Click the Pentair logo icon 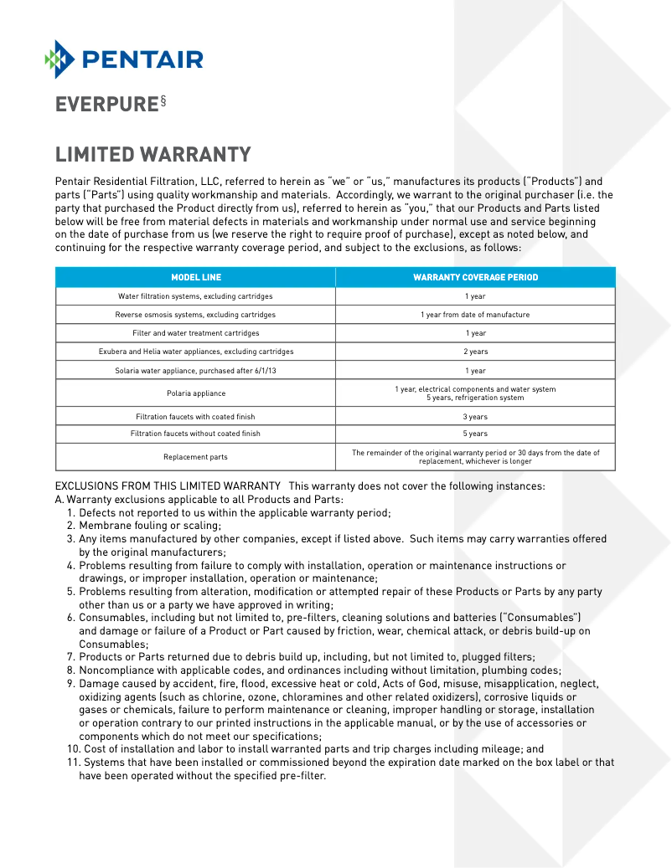pyautogui.click(x=60, y=59)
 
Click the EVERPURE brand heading pyautogui.click(x=106, y=105)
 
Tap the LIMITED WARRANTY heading pyautogui.click(x=152, y=155)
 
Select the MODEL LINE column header pyautogui.click(x=196, y=277)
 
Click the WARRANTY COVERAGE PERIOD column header pyautogui.click(x=475, y=277)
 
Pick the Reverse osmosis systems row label pyautogui.click(x=195, y=315)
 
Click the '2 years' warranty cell pyautogui.click(x=475, y=352)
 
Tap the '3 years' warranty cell pyautogui.click(x=475, y=417)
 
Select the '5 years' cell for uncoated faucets pyautogui.click(x=475, y=434)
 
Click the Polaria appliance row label pyautogui.click(x=195, y=393)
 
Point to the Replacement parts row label pyautogui.click(x=195, y=457)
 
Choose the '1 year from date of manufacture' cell pyautogui.click(x=475, y=315)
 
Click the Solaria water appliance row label pyautogui.click(x=195, y=371)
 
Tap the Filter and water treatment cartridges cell pyautogui.click(x=195, y=333)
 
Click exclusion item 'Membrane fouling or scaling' pyautogui.click(x=150, y=526)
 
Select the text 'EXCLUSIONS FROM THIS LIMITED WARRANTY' pyautogui.click(x=168, y=486)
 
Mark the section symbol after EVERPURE pyautogui.click(x=163, y=100)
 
